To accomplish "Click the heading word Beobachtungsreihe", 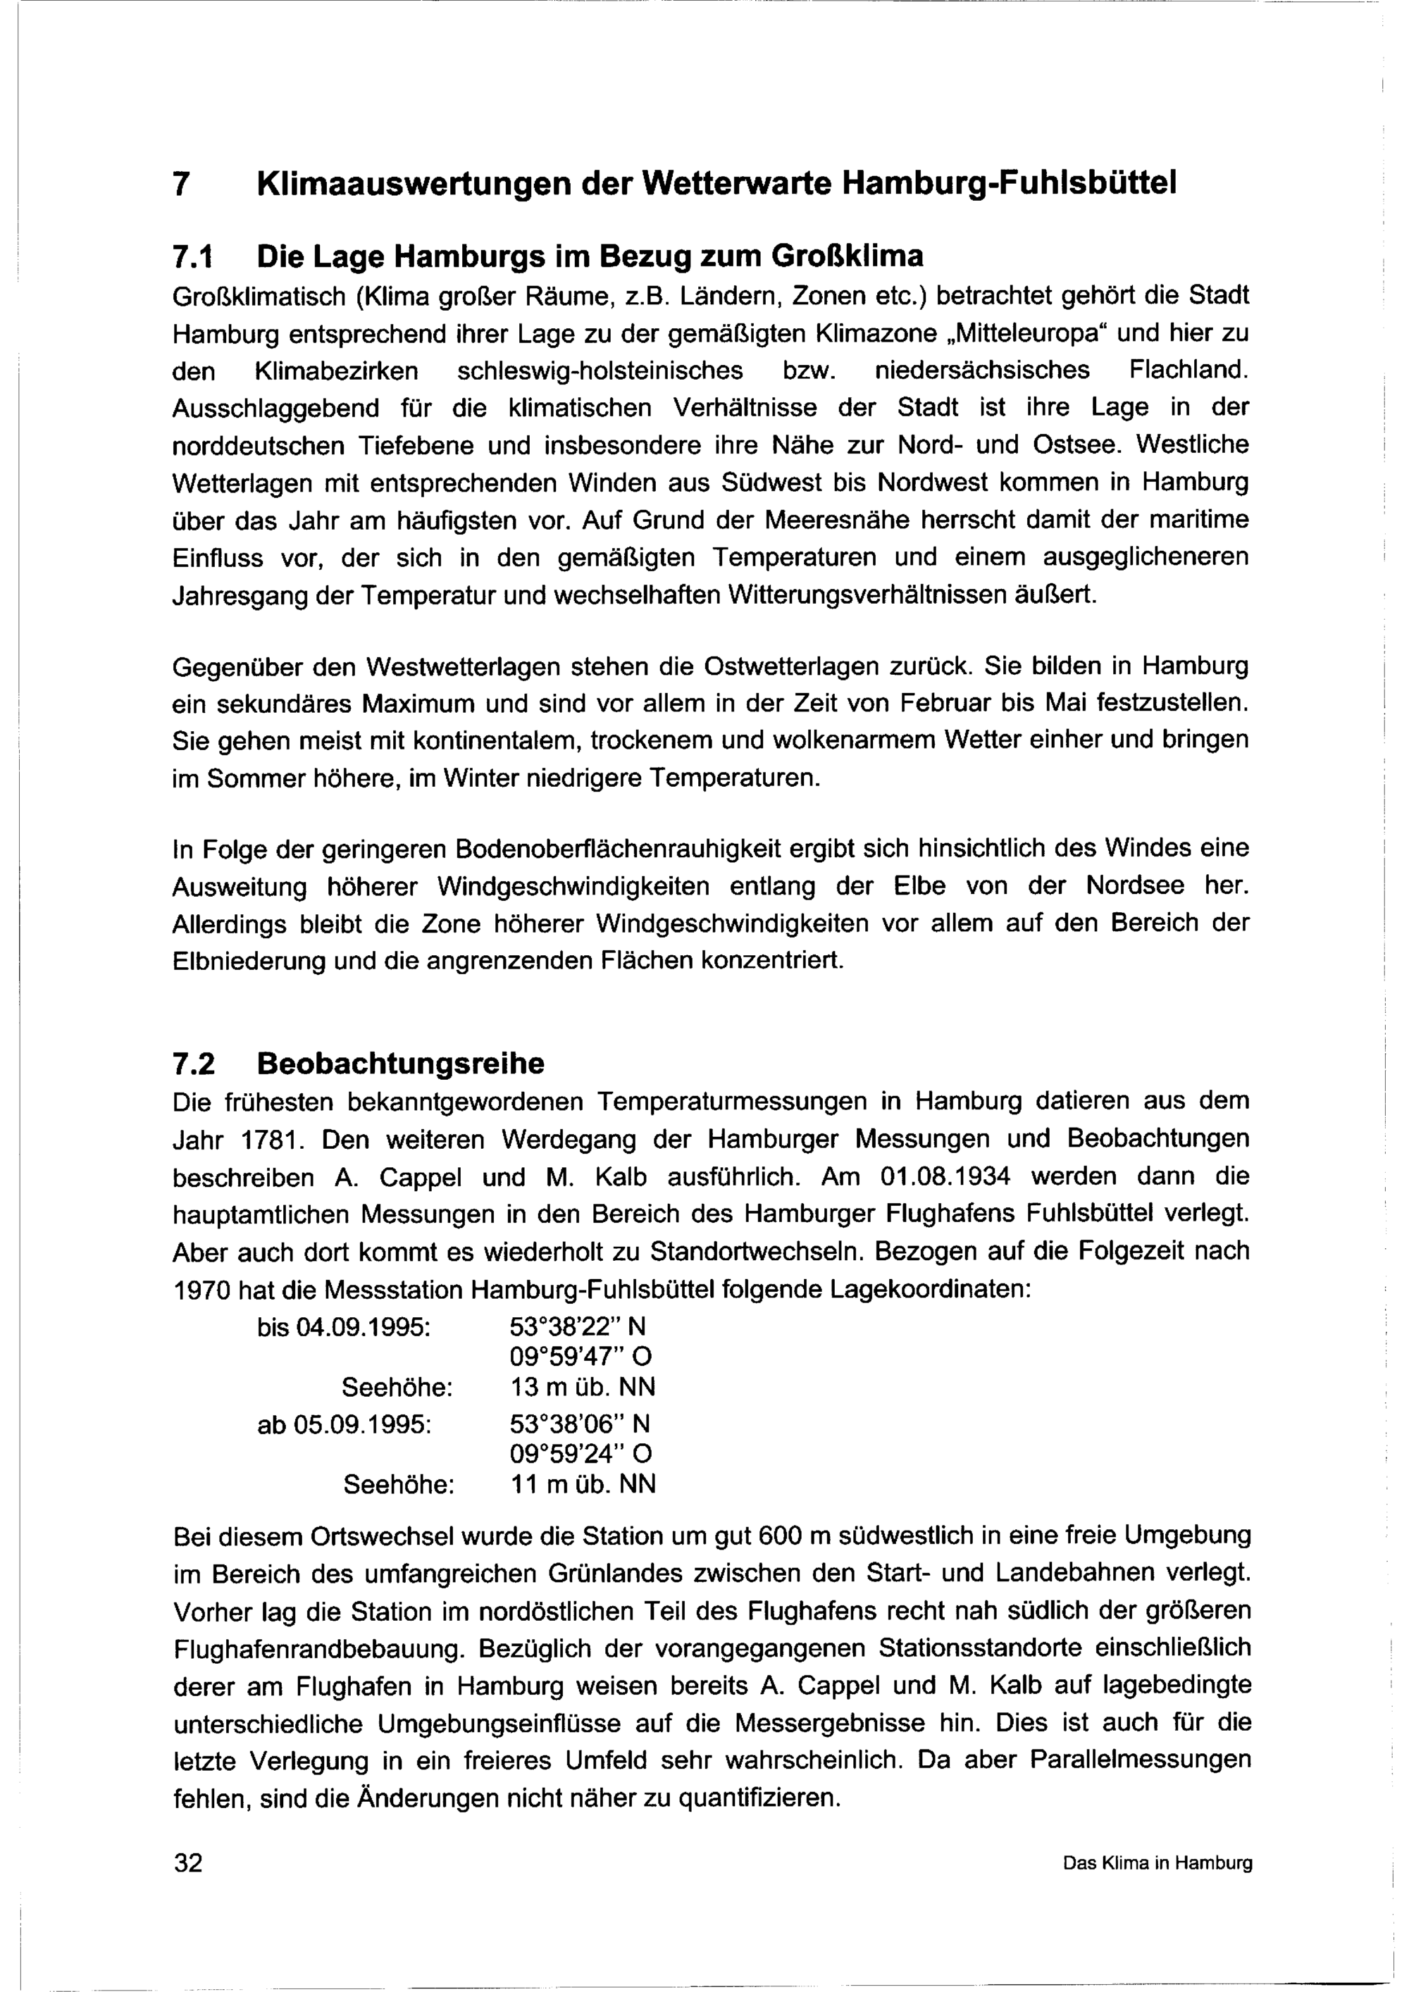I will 401,1063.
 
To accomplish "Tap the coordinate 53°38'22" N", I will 578,1328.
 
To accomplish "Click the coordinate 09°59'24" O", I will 581,1453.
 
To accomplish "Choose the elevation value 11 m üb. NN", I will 583,1484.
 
